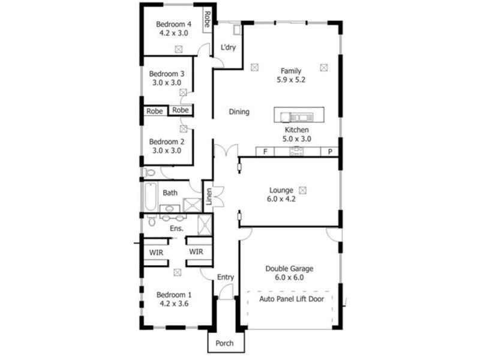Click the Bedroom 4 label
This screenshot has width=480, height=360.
click(173, 24)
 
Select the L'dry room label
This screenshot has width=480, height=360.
click(228, 47)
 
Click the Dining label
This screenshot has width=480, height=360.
click(239, 112)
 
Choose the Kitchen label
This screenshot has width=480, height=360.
click(296, 130)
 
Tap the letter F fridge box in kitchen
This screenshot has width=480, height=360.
click(265, 152)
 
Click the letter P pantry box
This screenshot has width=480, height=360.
click(329, 152)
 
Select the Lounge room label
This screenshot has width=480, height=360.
click(281, 189)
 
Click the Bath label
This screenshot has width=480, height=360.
click(170, 193)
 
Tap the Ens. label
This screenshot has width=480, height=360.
click(176, 229)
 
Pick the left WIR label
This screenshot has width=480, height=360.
click(156, 253)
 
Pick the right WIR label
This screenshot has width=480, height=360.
click(197, 253)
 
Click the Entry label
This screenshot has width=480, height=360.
click(226, 277)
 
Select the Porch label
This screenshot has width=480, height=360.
click(225, 344)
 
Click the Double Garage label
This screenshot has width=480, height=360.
click(289, 269)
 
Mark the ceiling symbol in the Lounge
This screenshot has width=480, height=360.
click(302, 190)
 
